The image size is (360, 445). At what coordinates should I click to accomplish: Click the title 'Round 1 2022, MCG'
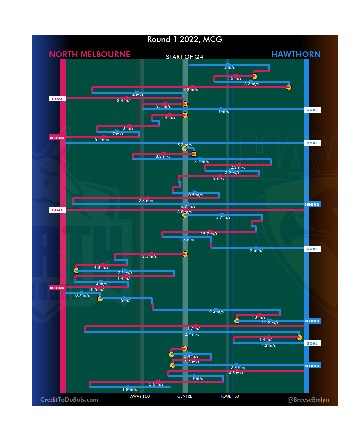click(x=185, y=39)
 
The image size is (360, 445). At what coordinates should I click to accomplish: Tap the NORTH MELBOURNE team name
click(x=89, y=54)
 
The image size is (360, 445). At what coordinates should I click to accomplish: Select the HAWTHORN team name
click(x=296, y=54)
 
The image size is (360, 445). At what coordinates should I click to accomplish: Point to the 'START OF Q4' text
click(x=184, y=57)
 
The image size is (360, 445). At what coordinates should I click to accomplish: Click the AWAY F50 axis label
click(x=140, y=396)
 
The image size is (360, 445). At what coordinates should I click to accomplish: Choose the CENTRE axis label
click(x=185, y=396)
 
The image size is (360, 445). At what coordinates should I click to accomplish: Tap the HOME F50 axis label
click(x=229, y=396)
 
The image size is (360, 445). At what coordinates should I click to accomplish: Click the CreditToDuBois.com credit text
click(x=69, y=400)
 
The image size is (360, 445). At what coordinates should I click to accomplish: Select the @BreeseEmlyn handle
click(x=308, y=400)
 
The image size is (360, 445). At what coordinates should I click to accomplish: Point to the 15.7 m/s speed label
click(x=209, y=234)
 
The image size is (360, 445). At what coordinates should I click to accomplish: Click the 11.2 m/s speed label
click(x=270, y=323)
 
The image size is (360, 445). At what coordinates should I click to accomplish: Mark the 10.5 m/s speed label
click(x=97, y=290)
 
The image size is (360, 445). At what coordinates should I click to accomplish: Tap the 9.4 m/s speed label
click(x=216, y=312)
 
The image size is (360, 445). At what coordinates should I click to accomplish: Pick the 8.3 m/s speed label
click(x=251, y=84)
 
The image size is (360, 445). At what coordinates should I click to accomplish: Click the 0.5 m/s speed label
click(x=195, y=195)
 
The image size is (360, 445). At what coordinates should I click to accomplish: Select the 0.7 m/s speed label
click(x=82, y=295)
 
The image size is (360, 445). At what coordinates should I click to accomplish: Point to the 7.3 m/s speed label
click(x=190, y=90)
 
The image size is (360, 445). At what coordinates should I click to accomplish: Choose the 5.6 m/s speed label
click(x=156, y=384)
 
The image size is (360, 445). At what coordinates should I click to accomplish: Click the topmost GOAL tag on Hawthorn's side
click(x=312, y=110)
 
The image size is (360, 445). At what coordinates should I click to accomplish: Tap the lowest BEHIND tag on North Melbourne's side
click(x=57, y=288)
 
